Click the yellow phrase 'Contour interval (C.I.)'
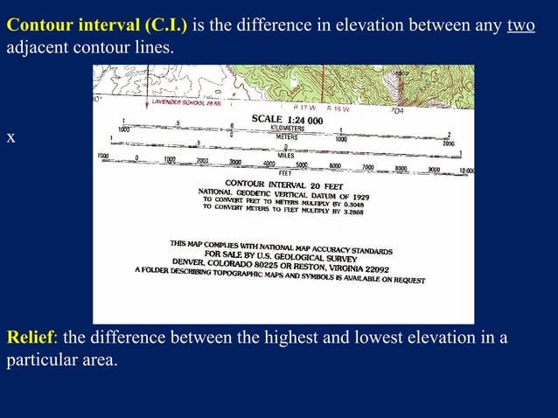pos(97,24)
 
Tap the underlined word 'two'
pos(520,24)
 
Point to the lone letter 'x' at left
pos(10,137)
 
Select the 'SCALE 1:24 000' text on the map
pos(287,119)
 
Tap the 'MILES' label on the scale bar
pos(286,155)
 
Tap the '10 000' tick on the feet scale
pos(464,171)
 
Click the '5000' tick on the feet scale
pos(302,164)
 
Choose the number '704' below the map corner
pos(396,111)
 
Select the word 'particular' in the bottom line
pos(40,360)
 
